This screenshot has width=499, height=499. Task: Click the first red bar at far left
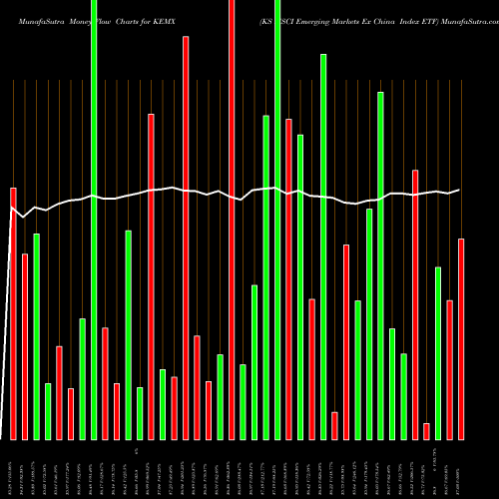coord(14,313)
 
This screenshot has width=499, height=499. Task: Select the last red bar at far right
coord(461,339)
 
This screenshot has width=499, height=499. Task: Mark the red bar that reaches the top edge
coord(232,220)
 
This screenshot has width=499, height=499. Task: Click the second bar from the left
coord(25,346)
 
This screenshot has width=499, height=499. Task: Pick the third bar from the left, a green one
coord(37,336)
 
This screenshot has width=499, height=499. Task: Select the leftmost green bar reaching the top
coord(94,220)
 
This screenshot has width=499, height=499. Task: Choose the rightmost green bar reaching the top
coord(277,220)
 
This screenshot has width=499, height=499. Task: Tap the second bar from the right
coord(449,369)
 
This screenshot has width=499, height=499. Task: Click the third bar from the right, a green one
coord(438,353)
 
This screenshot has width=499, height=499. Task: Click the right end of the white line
coord(460,190)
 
